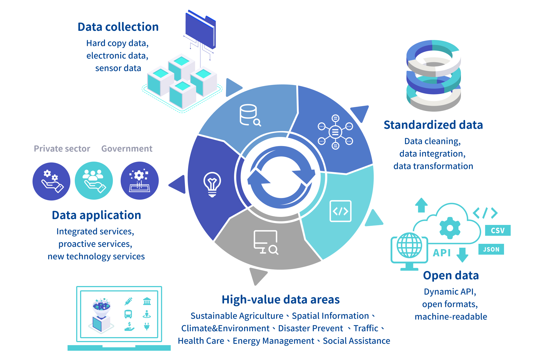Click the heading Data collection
(118, 27)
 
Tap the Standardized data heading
(433, 125)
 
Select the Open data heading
(451, 275)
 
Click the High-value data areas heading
(281, 300)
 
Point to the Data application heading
(96, 215)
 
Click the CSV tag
(497, 230)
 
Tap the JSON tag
(491, 249)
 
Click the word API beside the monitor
(442, 253)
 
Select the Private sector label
(62, 149)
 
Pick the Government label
(127, 149)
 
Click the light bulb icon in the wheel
(212, 184)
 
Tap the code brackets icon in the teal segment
(340, 211)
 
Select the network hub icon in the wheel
(335, 132)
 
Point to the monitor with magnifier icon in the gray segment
(266, 242)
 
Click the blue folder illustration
(200, 29)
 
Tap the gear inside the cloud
(450, 228)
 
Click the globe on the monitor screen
(409, 245)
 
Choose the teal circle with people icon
(94, 181)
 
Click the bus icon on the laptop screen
(128, 314)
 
